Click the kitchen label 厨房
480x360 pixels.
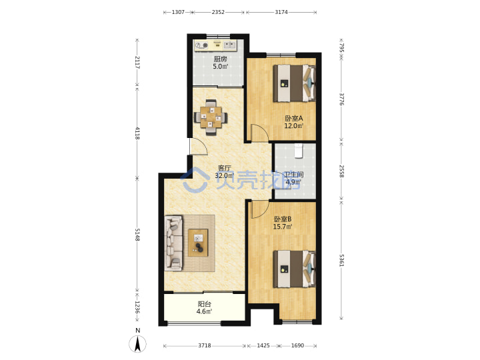pos(221,59)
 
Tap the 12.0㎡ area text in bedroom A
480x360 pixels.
pos(294,126)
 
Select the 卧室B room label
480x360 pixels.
pos(283,219)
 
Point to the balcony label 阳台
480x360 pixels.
pos(205,304)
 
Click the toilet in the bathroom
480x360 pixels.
pos(299,151)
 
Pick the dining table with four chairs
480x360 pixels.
pos(211,117)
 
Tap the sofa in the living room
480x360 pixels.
pos(174,243)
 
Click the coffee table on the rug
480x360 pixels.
pos(198,243)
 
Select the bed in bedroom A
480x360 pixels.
pos(294,83)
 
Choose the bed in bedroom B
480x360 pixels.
pos(294,269)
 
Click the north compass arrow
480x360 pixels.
pos(138,344)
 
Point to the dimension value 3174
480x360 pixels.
pos(281,12)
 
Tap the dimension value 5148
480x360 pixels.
pos(137,235)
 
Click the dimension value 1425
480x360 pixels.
pos(263,345)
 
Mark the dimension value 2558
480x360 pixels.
pos(341,171)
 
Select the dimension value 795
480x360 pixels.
pos(341,48)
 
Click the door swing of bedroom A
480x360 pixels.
pos(259,133)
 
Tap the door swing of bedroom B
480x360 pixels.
pos(259,209)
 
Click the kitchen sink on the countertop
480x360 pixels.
pos(229,45)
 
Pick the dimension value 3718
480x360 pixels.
pos(205,345)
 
